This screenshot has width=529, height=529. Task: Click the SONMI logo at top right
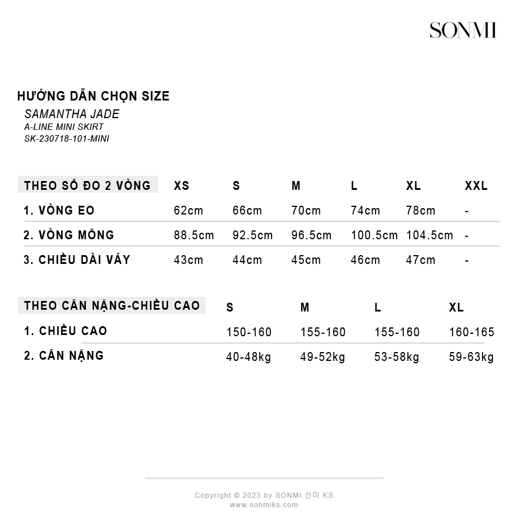pyautogui.click(x=463, y=30)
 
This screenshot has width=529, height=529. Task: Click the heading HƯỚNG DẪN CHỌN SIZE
pyautogui.click(x=93, y=96)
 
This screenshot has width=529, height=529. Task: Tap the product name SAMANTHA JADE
pyautogui.click(x=72, y=114)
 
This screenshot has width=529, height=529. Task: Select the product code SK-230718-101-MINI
pyautogui.click(x=66, y=139)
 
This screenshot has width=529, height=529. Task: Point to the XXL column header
pyautogui.click(x=476, y=186)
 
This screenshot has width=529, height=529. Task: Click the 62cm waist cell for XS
pyautogui.click(x=188, y=210)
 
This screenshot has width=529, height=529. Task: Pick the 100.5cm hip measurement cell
pyautogui.click(x=374, y=235)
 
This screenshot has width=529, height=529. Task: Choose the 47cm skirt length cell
pyautogui.click(x=420, y=260)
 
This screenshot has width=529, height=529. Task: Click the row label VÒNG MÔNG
pyautogui.click(x=69, y=235)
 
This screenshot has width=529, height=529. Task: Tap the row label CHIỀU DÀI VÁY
pyautogui.click(x=76, y=260)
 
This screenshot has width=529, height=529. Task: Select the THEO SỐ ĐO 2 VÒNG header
pyautogui.click(x=87, y=186)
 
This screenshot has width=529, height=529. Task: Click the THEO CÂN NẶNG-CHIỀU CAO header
pyautogui.click(x=112, y=306)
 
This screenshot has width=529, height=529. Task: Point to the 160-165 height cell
pyautogui.click(x=471, y=332)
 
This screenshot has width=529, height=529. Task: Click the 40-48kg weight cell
pyautogui.click(x=249, y=357)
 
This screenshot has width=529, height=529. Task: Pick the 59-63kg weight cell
pyautogui.click(x=471, y=357)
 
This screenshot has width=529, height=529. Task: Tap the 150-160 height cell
pyautogui.click(x=249, y=332)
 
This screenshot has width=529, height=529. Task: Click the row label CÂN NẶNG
pyautogui.click(x=63, y=356)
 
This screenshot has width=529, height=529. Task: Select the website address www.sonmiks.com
pyautogui.click(x=264, y=505)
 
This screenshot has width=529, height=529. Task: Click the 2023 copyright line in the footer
pyautogui.click(x=264, y=495)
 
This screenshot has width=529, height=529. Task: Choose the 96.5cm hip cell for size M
pyautogui.click(x=312, y=235)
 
